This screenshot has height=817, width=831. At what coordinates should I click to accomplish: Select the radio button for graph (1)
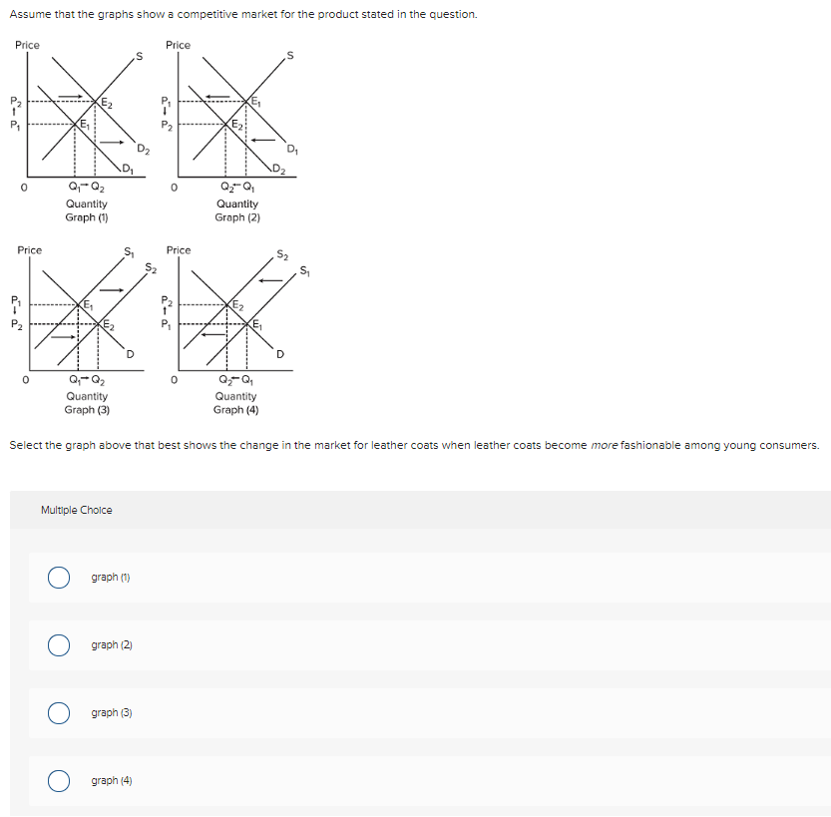pyautogui.click(x=60, y=578)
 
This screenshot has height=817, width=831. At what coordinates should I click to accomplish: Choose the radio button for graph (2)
pyautogui.click(x=60, y=645)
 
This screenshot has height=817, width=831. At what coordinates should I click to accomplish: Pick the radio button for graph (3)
pyautogui.click(x=60, y=713)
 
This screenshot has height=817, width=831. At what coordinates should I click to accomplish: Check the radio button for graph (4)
pyautogui.click(x=60, y=780)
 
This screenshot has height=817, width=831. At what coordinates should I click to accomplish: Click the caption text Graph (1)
pyautogui.click(x=87, y=216)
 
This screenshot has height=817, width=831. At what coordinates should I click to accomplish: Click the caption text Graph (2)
pyautogui.click(x=236, y=216)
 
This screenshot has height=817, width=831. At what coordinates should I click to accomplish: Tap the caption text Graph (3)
pyautogui.click(x=87, y=409)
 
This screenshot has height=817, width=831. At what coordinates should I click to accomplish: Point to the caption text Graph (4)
pyautogui.click(x=235, y=409)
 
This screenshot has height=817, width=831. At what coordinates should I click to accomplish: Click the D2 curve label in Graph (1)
pyautogui.click(x=144, y=151)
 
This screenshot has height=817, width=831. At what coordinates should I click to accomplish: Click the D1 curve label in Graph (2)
pyautogui.click(x=291, y=150)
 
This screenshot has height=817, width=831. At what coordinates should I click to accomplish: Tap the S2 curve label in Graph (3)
pyautogui.click(x=151, y=267)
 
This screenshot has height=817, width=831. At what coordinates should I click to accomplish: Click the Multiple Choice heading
pyautogui.click(x=77, y=510)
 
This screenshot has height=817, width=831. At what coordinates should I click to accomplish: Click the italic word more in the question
pyautogui.click(x=605, y=444)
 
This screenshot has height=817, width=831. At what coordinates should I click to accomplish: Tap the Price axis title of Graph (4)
pyautogui.click(x=179, y=249)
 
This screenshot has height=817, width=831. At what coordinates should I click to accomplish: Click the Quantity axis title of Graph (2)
pyautogui.click(x=236, y=204)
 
